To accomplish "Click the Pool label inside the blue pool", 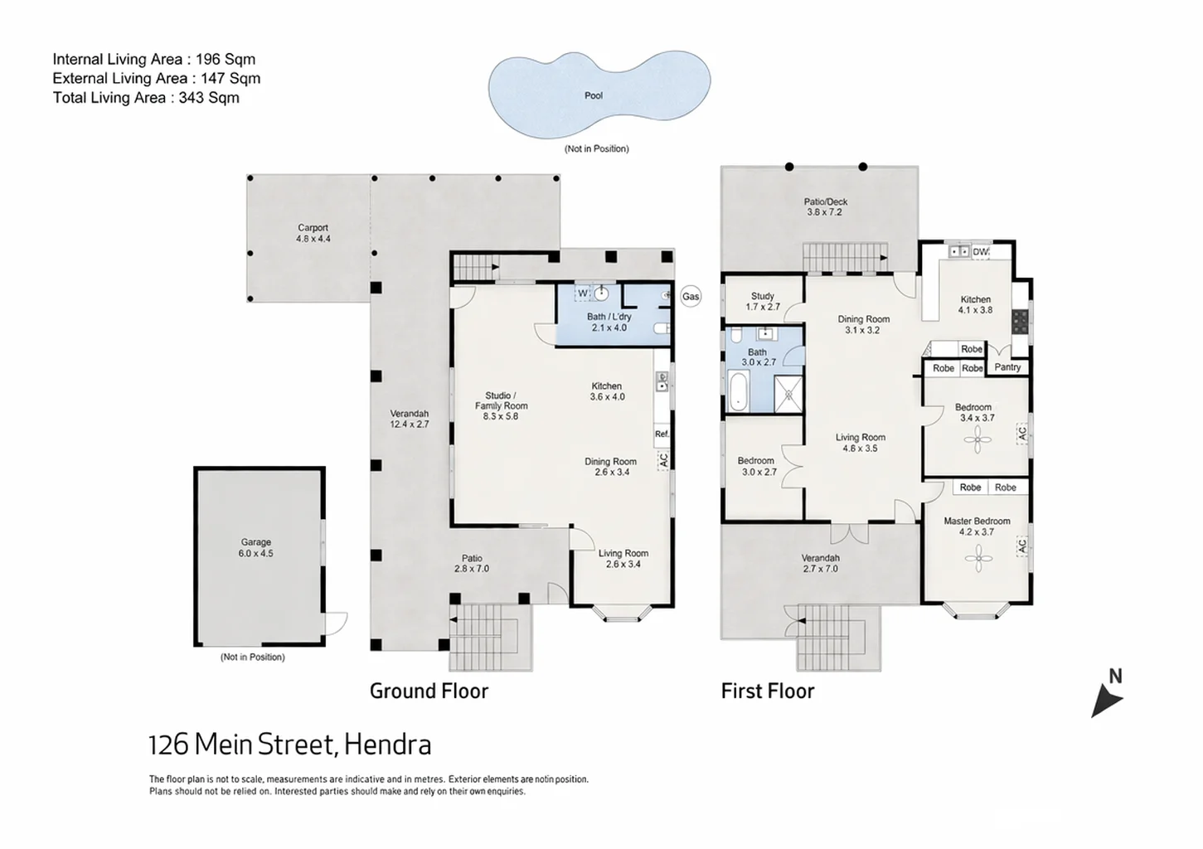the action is pyautogui.click(x=594, y=95).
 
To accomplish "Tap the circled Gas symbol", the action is pyautogui.click(x=691, y=297).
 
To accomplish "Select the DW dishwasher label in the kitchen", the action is pyautogui.click(x=981, y=251).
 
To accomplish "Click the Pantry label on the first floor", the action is pyautogui.click(x=1007, y=367).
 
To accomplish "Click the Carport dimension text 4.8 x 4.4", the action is pyautogui.click(x=313, y=239).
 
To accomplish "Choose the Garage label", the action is pyautogui.click(x=255, y=542).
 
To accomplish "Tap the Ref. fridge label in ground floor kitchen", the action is pyautogui.click(x=662, y=434).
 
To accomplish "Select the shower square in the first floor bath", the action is pyautogui.click(x=788, y=394).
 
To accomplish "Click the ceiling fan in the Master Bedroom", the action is pyautogui.click(x=978, y=559).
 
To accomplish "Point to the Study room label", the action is pyautogui.click(x=763, y=296).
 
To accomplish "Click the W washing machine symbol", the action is pyautogui.click(x=583, y=294).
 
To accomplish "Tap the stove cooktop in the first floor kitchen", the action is pyautogui.click(x=1021, y=322).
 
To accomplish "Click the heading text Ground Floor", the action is pyautogui.click(x=429, y=691).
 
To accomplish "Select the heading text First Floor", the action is pyautogui.click(x=768, y=691).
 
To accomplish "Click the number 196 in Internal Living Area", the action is pyautogui.click(x=206, y=59).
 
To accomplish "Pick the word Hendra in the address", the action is pyautogui.click(x=388, y=745).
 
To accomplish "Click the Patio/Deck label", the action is pyautogui.click(x=826, y=202).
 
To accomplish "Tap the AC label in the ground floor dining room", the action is pyautogui.click(x=664, y=460).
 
